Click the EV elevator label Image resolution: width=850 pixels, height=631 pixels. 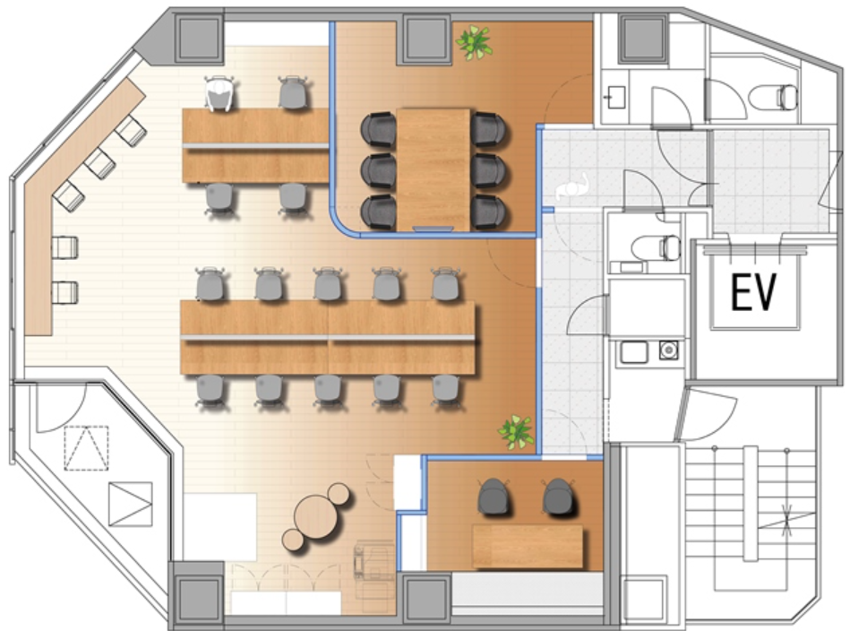753,291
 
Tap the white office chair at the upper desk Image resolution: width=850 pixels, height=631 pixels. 219,93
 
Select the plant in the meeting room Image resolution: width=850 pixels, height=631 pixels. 474,41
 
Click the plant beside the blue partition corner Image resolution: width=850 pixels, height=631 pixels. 516,431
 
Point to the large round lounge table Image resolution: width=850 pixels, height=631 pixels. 315,517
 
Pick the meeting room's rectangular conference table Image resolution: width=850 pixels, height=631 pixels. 434,169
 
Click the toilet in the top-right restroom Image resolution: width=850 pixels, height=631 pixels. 774,98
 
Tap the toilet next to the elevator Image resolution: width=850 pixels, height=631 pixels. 657,247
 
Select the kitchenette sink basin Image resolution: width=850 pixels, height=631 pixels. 634,352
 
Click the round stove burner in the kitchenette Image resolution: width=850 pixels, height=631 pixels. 669,350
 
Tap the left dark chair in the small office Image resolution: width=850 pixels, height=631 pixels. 494,497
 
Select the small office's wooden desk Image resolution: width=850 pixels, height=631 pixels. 528,546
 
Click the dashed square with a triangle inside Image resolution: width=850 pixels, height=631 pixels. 86,447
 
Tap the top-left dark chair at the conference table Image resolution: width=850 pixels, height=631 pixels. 378,129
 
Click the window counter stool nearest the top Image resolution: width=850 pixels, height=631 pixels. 130,131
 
